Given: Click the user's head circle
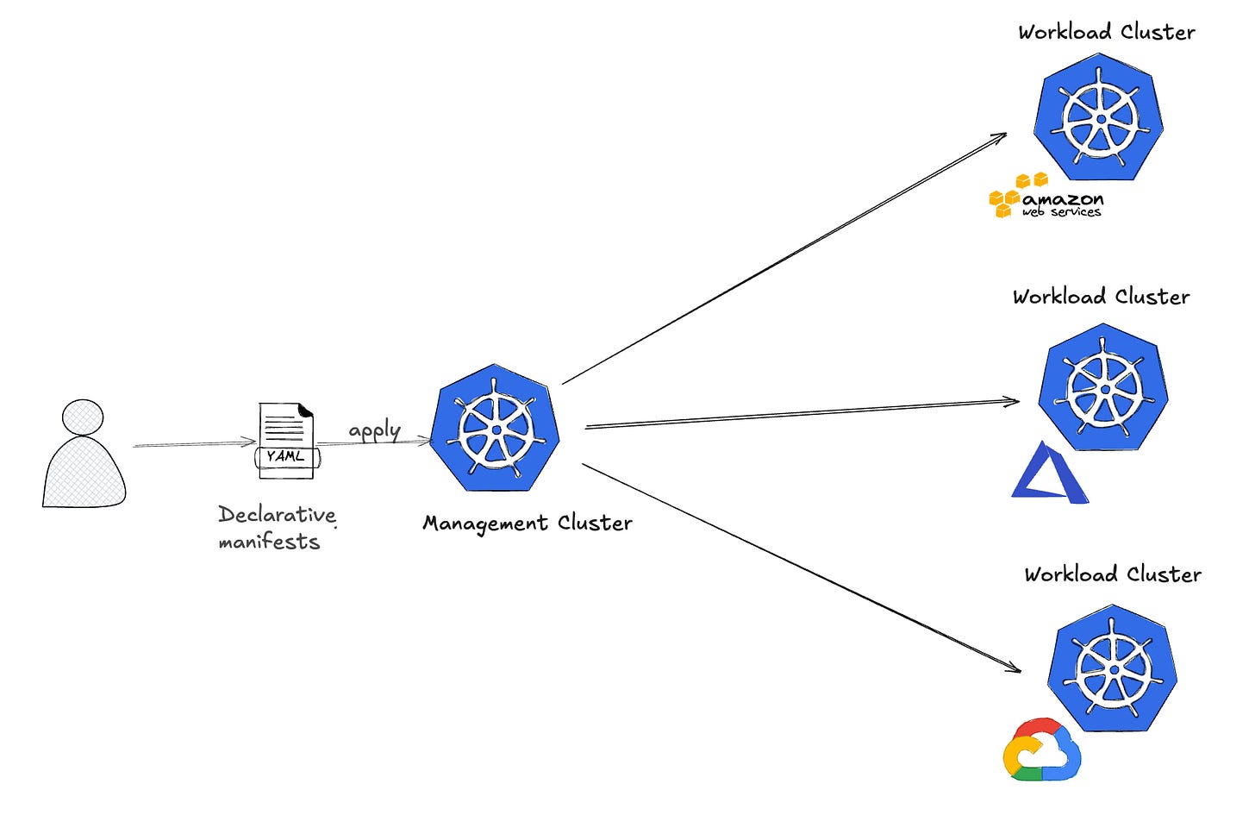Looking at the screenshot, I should [83, 417].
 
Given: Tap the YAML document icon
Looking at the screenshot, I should [286, 440].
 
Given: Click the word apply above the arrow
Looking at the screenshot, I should [374, 430].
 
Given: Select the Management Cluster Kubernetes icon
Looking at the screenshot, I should [495, 429].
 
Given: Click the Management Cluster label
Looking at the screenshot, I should [527, 523].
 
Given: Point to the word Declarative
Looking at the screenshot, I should [277, 514].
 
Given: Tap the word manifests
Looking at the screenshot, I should [269, 542].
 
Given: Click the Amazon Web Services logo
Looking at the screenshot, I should [1045, 197].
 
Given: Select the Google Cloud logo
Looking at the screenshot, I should [1041, 749].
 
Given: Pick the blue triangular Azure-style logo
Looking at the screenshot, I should [1049, 473].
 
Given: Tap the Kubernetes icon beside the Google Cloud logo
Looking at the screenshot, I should [1112, 668].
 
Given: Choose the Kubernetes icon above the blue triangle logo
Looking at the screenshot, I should [1102, 387].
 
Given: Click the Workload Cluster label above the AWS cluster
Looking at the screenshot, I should [1106, 33].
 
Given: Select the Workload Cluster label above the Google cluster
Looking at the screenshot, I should [1112, 574].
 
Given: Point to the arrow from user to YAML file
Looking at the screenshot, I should [194, 444].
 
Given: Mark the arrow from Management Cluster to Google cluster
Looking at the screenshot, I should [802, 567].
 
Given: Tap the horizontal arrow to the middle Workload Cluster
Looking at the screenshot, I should [802, 413].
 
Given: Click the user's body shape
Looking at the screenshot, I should [84, 473].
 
